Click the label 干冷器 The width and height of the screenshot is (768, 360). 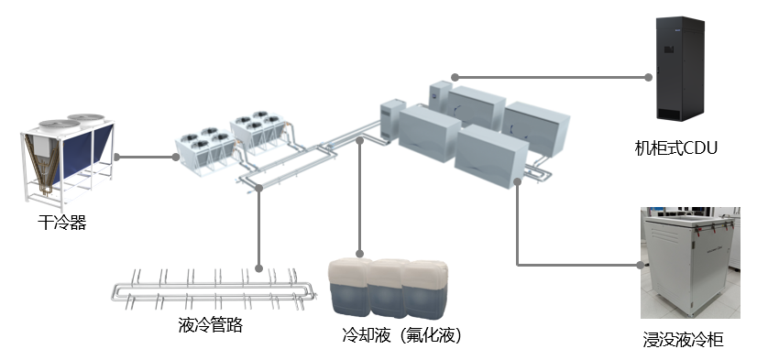point(62,223)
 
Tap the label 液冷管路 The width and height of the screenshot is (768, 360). point(211,325)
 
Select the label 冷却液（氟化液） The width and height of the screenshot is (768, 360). point(401,335)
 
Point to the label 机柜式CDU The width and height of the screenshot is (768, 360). point(675,147)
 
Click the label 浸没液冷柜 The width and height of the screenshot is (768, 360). point(683,340)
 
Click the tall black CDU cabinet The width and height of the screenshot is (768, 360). point(680,69)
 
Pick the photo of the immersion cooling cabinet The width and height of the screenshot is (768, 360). point(690,263)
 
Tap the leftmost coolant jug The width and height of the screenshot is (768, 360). point(350,287)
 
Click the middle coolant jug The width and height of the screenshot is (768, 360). point(388,289)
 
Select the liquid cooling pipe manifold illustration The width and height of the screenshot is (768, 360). point(214,290)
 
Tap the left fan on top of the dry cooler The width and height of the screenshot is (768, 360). point(60,125)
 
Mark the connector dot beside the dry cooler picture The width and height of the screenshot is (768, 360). point(116,157)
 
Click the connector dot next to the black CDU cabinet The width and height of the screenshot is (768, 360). point(649,77)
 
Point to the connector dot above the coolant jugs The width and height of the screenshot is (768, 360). point(359,254)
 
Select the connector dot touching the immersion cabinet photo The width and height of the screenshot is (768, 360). point(641,265)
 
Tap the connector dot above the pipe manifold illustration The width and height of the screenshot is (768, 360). point(259,268)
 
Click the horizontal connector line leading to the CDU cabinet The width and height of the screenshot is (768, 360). point(552,77)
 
